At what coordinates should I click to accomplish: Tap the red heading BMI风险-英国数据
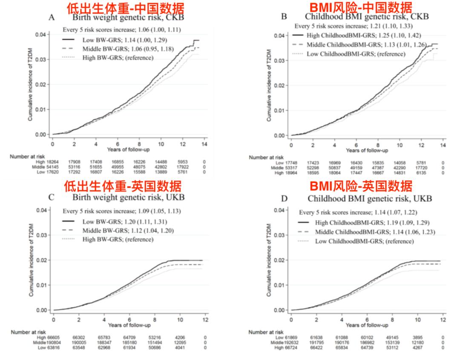(361, 186)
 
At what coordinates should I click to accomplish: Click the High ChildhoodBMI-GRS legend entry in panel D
(361, 222)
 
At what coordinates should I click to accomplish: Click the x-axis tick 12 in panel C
(205, 319)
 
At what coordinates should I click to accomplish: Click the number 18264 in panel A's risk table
(50, 162)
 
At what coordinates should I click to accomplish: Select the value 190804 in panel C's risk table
(50, 343)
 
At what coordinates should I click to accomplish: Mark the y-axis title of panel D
(269, 260)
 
